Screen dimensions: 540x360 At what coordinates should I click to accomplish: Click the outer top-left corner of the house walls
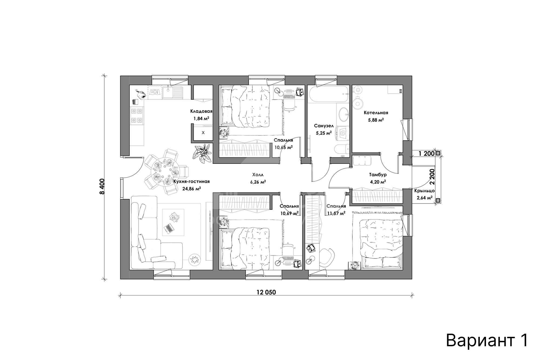click(x=120, y=76)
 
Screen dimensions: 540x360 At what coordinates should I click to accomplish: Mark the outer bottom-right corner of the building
click(x=412, y=279)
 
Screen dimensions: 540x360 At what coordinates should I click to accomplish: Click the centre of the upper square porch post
click(x=438, y=154)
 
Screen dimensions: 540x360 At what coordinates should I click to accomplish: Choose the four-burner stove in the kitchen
click(x=137, y=116)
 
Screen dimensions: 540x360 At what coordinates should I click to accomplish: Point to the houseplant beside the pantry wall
click(x=202, y=154)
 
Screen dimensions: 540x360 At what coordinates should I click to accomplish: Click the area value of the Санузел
click(x=324, y=133)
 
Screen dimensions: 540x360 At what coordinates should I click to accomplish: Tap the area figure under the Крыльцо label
click(x=424, y=198)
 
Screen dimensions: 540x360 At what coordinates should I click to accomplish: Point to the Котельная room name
click(x=376, y=113)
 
